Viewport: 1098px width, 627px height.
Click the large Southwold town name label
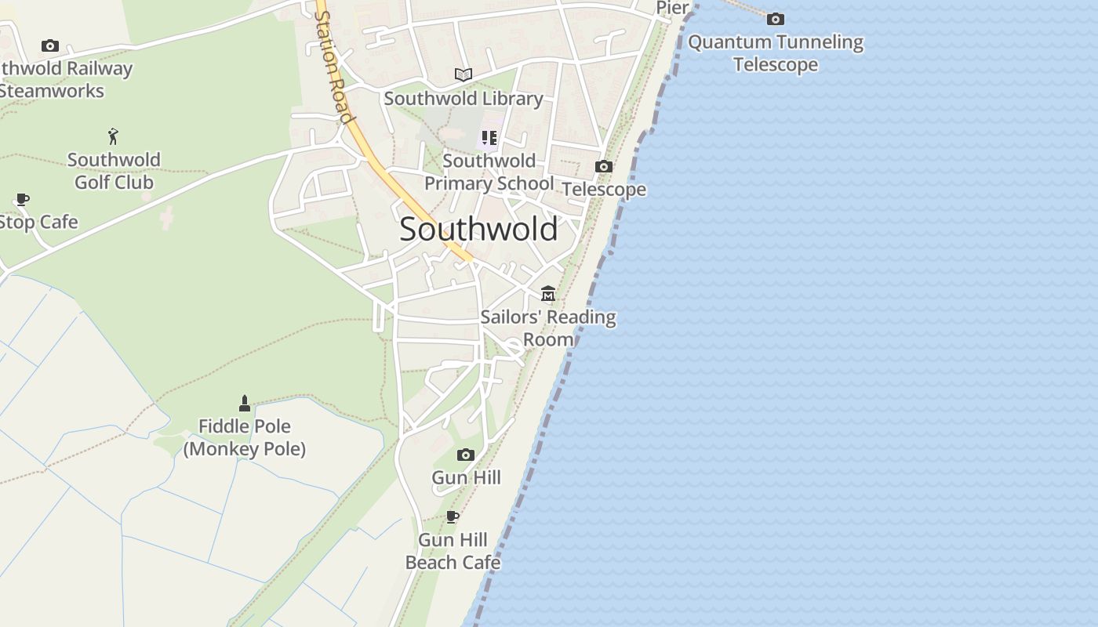(478, 229)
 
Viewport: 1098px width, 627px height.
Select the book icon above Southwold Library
(464, 75)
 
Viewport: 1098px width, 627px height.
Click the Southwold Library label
(464, 99)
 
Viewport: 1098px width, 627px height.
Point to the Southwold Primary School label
(489, 172)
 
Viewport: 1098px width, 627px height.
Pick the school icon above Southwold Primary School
(489, 139)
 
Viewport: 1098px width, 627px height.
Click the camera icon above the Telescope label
(603, 166)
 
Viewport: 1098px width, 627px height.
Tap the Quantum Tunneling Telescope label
(776, 53)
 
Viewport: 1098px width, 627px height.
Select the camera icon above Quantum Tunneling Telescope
(775, 19)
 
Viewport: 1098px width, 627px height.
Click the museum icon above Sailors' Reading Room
(548, 294)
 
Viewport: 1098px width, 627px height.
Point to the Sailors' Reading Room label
(548, 328)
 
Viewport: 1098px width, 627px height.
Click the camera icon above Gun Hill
(466, 455)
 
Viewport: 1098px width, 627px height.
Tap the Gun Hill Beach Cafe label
(453, 551)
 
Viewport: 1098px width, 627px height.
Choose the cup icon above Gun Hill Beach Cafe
(452, 516)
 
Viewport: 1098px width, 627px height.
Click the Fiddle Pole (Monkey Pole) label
(245, 437)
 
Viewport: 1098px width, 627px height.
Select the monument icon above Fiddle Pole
(245, 404)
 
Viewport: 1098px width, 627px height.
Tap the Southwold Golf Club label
(114, 171)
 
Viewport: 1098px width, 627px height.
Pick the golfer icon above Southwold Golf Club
(114, 136)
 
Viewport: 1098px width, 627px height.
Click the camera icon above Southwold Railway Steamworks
(50, 46)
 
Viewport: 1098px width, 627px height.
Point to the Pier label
(673, 8)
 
